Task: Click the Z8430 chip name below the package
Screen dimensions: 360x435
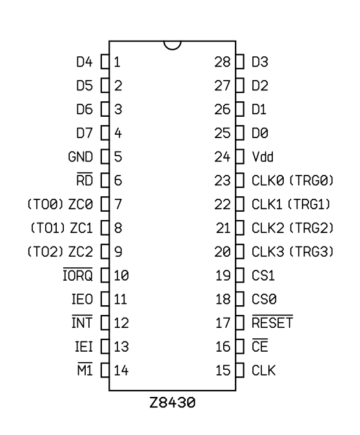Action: (x=172, y=403)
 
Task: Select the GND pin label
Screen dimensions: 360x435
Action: (x=81, y=157)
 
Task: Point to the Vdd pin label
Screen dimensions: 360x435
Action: (x=263, y=157)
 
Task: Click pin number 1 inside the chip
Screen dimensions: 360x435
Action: (x=117, y=62)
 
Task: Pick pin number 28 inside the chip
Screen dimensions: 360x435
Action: (x=223, y=62)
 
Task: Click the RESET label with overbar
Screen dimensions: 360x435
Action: (x=272, y=322)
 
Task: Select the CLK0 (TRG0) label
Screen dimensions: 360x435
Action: (x=293, y=181)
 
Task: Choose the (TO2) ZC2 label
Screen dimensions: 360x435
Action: (x=60, y=252)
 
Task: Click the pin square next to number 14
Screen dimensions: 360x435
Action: (x=105, y=370)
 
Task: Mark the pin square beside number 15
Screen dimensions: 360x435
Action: (x=240, y=370)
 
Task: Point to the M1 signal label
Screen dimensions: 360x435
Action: (x=85, y=369)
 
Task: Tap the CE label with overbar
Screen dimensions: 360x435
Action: (x=260, y=345)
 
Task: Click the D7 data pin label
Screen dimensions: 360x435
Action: (x=85, y=133)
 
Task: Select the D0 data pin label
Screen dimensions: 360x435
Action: (x=260, y=133)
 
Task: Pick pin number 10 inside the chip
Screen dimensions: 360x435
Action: (x=121, y=276)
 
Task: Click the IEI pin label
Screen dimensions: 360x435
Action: (x=84, y=347)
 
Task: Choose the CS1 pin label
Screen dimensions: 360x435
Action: (x=263, y=276)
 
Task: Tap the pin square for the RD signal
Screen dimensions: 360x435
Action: (x=105, y=181)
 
